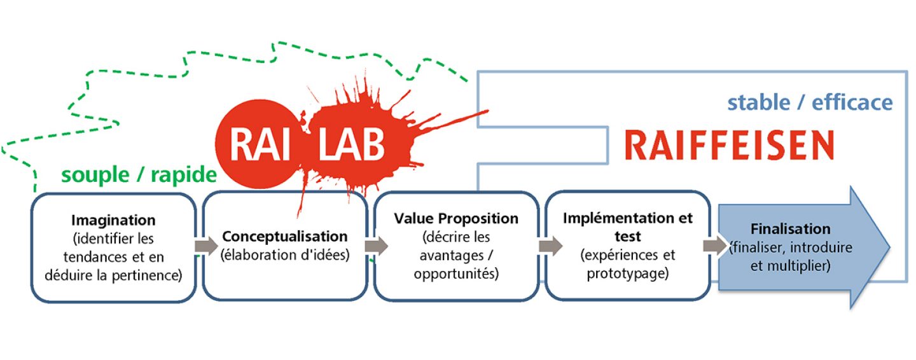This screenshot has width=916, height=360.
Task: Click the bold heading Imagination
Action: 113,221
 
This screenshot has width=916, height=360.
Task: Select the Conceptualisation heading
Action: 285,237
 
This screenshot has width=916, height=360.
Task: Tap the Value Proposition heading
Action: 456,218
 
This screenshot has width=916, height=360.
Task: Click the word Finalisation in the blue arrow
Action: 791,229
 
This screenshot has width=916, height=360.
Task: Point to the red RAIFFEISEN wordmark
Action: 729,145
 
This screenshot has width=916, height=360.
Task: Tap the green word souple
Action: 95,176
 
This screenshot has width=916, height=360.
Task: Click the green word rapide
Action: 184,176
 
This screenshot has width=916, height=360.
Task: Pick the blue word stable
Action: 758,102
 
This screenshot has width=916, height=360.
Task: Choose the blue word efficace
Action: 852,102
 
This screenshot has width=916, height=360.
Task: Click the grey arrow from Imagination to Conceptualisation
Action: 206,246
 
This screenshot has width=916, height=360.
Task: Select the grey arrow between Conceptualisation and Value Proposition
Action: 376,246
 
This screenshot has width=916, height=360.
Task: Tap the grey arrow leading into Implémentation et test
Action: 550,246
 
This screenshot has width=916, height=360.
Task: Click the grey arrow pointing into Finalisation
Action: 715,246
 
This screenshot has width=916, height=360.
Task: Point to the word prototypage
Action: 627,273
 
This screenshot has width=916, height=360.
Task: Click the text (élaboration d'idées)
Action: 285,255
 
